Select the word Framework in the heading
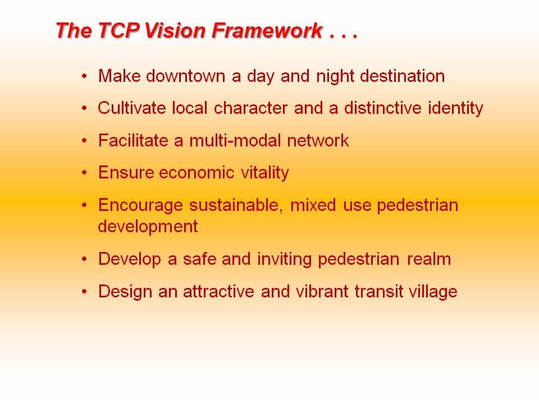coord(267,30)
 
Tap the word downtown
coord(185,76)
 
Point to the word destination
coord(402,76)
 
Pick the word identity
coord(455,108)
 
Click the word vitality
coord(264,173)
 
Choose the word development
coord(148,227)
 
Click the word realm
coord(428,259)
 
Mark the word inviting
coord(284,259)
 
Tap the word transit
coord(378,291)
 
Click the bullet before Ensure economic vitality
coord(85,173)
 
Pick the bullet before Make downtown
coord(85,76)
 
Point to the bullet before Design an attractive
coord(85,292)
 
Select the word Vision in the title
coord(175,30)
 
